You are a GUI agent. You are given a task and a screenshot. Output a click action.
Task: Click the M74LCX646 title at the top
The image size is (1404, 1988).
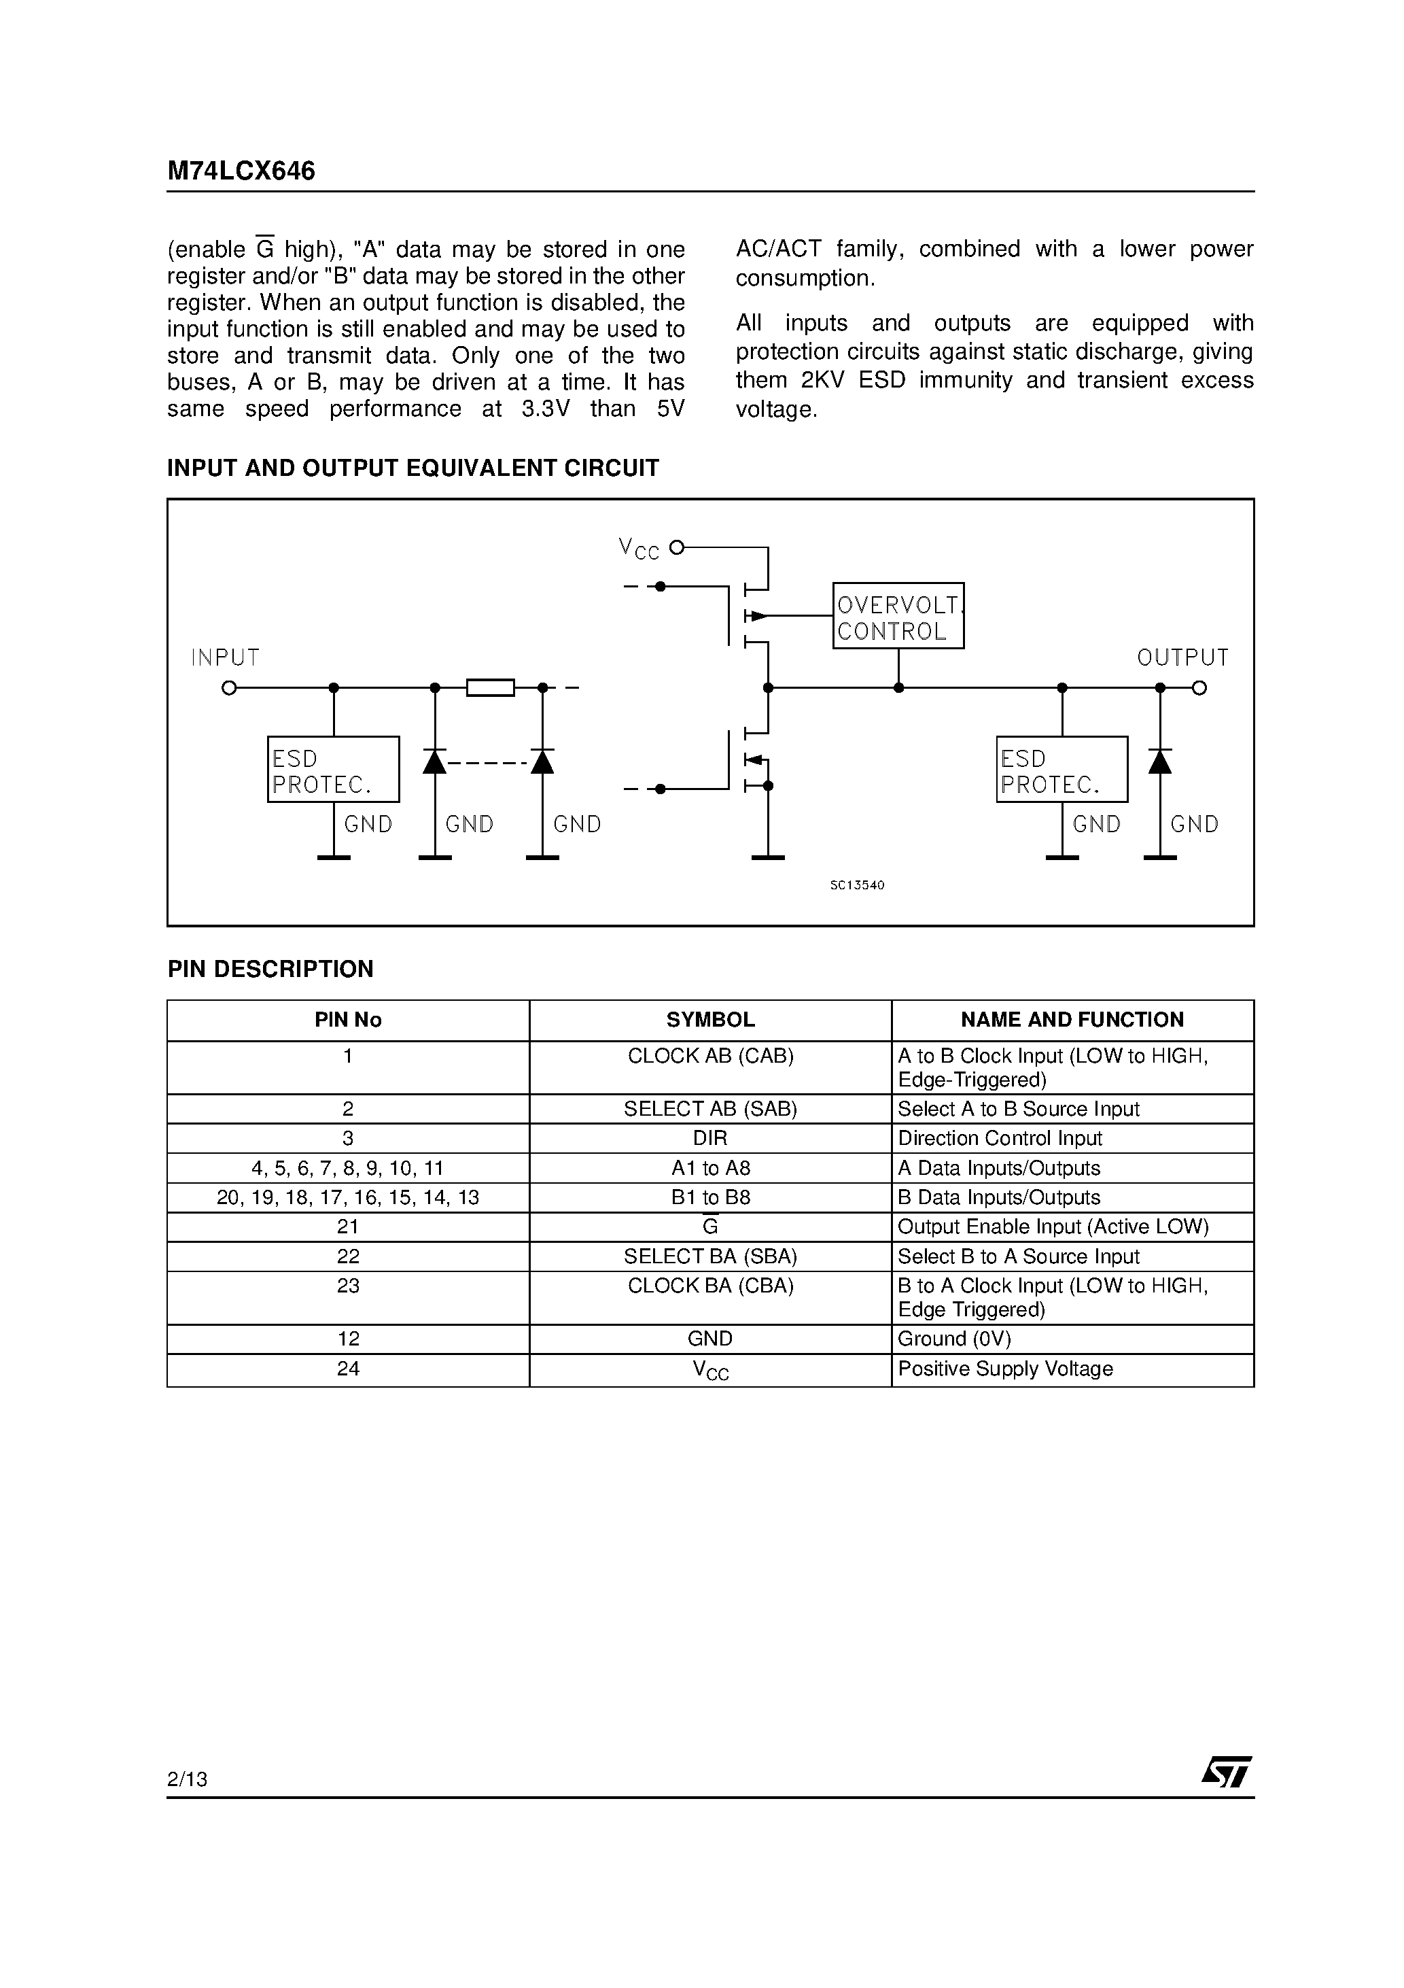[x=241, y=171]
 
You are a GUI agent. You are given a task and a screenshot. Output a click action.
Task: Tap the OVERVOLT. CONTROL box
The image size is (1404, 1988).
[x=898, y=615]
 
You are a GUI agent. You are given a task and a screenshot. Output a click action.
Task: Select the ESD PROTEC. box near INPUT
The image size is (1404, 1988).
[x=333, y=769]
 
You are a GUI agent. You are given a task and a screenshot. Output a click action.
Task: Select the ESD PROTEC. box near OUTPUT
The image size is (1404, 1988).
[x=1061, y=769]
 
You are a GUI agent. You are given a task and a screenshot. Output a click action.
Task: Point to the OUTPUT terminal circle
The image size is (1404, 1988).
[x=1199, y=688]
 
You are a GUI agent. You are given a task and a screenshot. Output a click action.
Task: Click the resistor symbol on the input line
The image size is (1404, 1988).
[x=490, y=688]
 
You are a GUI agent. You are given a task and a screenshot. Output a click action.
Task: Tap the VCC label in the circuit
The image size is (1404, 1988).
[x=639, y=548]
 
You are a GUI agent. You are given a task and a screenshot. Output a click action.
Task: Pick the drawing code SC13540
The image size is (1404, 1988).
[x=857, y=885]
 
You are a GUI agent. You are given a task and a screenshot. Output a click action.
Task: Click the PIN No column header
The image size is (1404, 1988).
[x=348, y=1020]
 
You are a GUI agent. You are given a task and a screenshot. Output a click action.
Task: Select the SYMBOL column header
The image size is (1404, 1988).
[x=709, y=1020]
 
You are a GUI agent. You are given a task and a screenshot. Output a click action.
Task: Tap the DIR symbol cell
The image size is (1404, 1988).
[x=709, y=1139]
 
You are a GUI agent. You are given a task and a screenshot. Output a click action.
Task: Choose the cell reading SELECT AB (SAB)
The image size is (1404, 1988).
[x=709, y=1109]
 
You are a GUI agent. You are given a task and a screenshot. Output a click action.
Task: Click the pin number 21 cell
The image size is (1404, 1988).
[x=348, y=1227]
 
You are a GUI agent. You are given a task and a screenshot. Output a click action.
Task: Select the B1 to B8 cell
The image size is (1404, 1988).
[x=709, y=1197]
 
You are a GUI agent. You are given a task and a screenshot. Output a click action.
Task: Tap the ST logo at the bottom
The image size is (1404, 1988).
[x=1226, y=1772]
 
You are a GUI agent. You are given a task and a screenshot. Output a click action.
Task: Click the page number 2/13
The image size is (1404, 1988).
[x=187, y=1779]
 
